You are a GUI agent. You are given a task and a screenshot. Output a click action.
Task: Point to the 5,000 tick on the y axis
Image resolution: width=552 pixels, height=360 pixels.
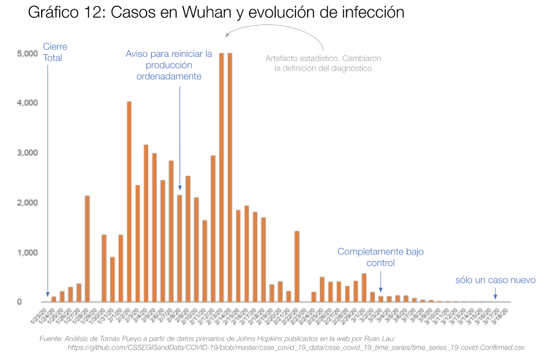(27, 53)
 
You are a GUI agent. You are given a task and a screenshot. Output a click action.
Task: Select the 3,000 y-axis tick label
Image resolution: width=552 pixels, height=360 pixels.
(27, 152)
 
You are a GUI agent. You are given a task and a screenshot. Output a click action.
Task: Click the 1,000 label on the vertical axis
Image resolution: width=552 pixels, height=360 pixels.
(27, 252)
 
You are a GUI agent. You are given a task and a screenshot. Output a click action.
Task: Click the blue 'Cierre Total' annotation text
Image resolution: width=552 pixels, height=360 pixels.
(53, 52)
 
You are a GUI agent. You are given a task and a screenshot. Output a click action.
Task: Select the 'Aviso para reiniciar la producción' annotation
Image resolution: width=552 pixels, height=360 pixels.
(169, 64)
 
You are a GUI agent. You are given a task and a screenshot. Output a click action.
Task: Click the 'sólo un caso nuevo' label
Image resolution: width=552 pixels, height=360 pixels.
(495, 280)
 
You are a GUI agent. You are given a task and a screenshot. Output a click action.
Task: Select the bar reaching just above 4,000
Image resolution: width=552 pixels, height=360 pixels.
(129, 201)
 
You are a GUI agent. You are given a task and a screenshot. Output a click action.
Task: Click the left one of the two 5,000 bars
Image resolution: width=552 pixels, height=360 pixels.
(221, 177)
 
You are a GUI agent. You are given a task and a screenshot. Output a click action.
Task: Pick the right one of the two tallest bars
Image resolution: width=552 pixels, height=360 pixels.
(230, 177)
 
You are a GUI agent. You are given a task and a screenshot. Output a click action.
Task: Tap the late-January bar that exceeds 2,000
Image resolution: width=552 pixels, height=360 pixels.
(87, 248)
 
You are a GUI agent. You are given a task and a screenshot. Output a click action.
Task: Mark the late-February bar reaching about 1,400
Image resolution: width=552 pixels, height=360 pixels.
(297, 266)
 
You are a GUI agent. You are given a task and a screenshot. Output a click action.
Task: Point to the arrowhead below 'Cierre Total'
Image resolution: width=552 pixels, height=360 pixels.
(47, 296)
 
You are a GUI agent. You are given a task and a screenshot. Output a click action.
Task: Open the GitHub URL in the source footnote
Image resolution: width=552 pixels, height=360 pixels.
(295, 347)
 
